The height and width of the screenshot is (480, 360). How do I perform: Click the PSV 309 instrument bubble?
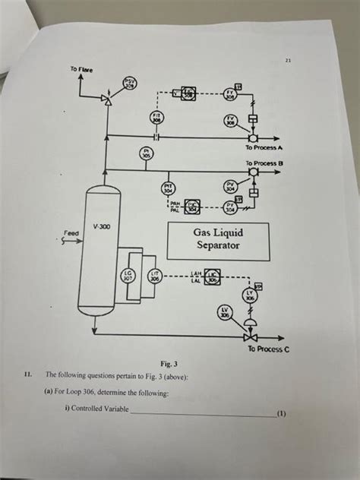coord(129,84)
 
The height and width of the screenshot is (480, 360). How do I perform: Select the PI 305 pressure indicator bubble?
coord(147,153)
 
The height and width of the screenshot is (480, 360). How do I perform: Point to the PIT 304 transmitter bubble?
coord(169,187)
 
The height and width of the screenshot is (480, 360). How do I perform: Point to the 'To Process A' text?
coord(265,147)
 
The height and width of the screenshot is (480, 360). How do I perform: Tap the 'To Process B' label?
coord(264,163)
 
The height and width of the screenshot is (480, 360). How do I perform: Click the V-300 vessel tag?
coord(101,226)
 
